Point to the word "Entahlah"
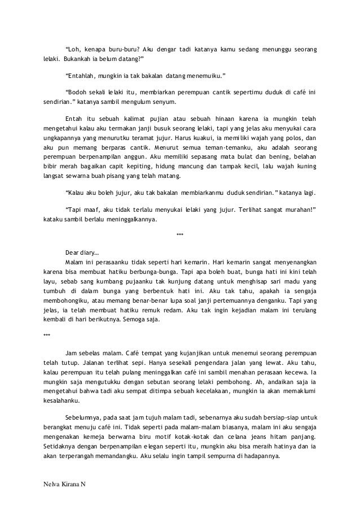click(x=81, y=76)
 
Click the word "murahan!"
click(x=298, y=209)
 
